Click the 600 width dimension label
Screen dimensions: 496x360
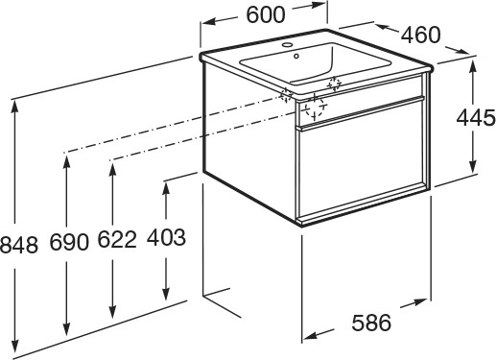(x=266, y=14)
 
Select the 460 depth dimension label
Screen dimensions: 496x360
(x=421, y=35)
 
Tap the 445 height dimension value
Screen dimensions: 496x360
(x=476, y=118)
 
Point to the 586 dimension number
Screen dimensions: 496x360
(x=371, y=323)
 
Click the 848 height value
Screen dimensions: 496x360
(x=18, y=245)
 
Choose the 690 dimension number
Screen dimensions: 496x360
(x=69, y=242)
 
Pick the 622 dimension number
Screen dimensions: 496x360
(x=117, y=239)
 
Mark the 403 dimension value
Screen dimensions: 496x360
(x=166, y=237)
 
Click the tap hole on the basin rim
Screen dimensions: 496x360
(x=288, y=44)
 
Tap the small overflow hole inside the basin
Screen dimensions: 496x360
(x=296, y=57)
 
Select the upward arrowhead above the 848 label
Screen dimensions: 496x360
(x=14, y=108)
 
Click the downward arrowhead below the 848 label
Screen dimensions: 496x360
(x=14, y=343)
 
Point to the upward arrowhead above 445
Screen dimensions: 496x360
(x=473, y=67)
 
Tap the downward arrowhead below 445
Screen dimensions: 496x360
(x=473, y=166)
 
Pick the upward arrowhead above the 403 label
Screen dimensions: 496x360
(x=166, y=190)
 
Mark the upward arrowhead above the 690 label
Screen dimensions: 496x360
(x=66, y=162)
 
